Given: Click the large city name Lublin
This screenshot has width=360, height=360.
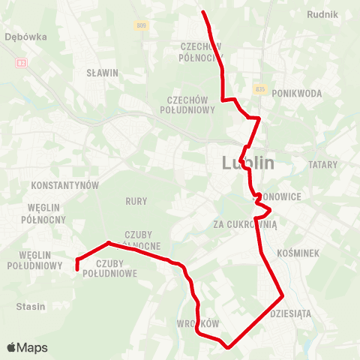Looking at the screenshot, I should click(247, 163).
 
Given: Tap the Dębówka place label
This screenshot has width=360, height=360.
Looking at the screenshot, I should click(25, 35).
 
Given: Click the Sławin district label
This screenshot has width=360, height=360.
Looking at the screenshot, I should click(103, 73).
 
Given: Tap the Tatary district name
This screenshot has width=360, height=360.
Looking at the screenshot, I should click(324, 163).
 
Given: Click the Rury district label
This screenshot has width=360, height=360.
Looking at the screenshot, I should click(136, 201).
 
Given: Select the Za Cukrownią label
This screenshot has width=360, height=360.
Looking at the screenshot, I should click(245, 223).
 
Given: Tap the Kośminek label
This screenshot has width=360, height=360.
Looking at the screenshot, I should click(298, 253).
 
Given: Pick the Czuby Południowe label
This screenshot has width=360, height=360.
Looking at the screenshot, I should click(116, 268).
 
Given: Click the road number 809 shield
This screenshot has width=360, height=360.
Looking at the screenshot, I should click(141, 25).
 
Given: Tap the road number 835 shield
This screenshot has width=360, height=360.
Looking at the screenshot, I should click(260, 88).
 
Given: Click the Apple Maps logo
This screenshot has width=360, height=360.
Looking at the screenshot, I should click(26, 348).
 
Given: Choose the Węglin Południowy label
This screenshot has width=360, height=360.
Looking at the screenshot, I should click(34, 259).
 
